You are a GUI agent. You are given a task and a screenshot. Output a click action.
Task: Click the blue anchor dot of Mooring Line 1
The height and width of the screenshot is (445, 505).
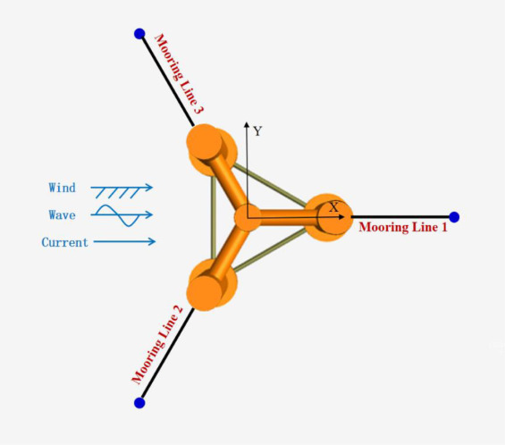(x=454, y=217)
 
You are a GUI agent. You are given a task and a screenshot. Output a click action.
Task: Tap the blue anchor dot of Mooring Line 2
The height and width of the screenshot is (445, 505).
(x=139, y=402)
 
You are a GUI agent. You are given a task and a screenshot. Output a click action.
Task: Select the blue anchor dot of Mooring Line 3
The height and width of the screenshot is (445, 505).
(x=139, y=33)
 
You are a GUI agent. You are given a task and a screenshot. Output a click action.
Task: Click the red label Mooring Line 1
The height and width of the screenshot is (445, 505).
(x=403, y=227)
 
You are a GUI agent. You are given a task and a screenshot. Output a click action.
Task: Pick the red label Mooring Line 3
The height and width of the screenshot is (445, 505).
(x=179, y=74)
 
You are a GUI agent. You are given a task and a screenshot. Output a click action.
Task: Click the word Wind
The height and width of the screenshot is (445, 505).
(x=63, y=188)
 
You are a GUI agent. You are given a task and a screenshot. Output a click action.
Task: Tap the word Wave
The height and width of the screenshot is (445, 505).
(x=63, y=214)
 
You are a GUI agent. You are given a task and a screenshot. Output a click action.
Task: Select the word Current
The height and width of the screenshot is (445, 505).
(x=64, y=242)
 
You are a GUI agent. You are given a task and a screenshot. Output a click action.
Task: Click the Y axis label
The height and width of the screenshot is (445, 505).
(x=257, y=131)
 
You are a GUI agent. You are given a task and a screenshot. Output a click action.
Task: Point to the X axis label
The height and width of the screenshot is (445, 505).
(x=334, y=207)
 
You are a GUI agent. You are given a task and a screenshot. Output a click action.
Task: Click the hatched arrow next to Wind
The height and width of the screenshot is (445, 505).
(x=122, y=190)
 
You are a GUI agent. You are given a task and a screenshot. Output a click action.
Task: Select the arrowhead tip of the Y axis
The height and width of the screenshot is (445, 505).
(x=247, y=122)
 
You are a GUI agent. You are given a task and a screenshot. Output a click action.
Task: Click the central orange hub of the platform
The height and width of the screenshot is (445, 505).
(x=247, y=218)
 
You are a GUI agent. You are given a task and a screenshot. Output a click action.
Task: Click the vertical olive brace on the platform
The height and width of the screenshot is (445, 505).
(x=214, y=218)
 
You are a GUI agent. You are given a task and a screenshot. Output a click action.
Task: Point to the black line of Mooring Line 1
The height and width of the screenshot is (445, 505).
(x=400, y=217)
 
